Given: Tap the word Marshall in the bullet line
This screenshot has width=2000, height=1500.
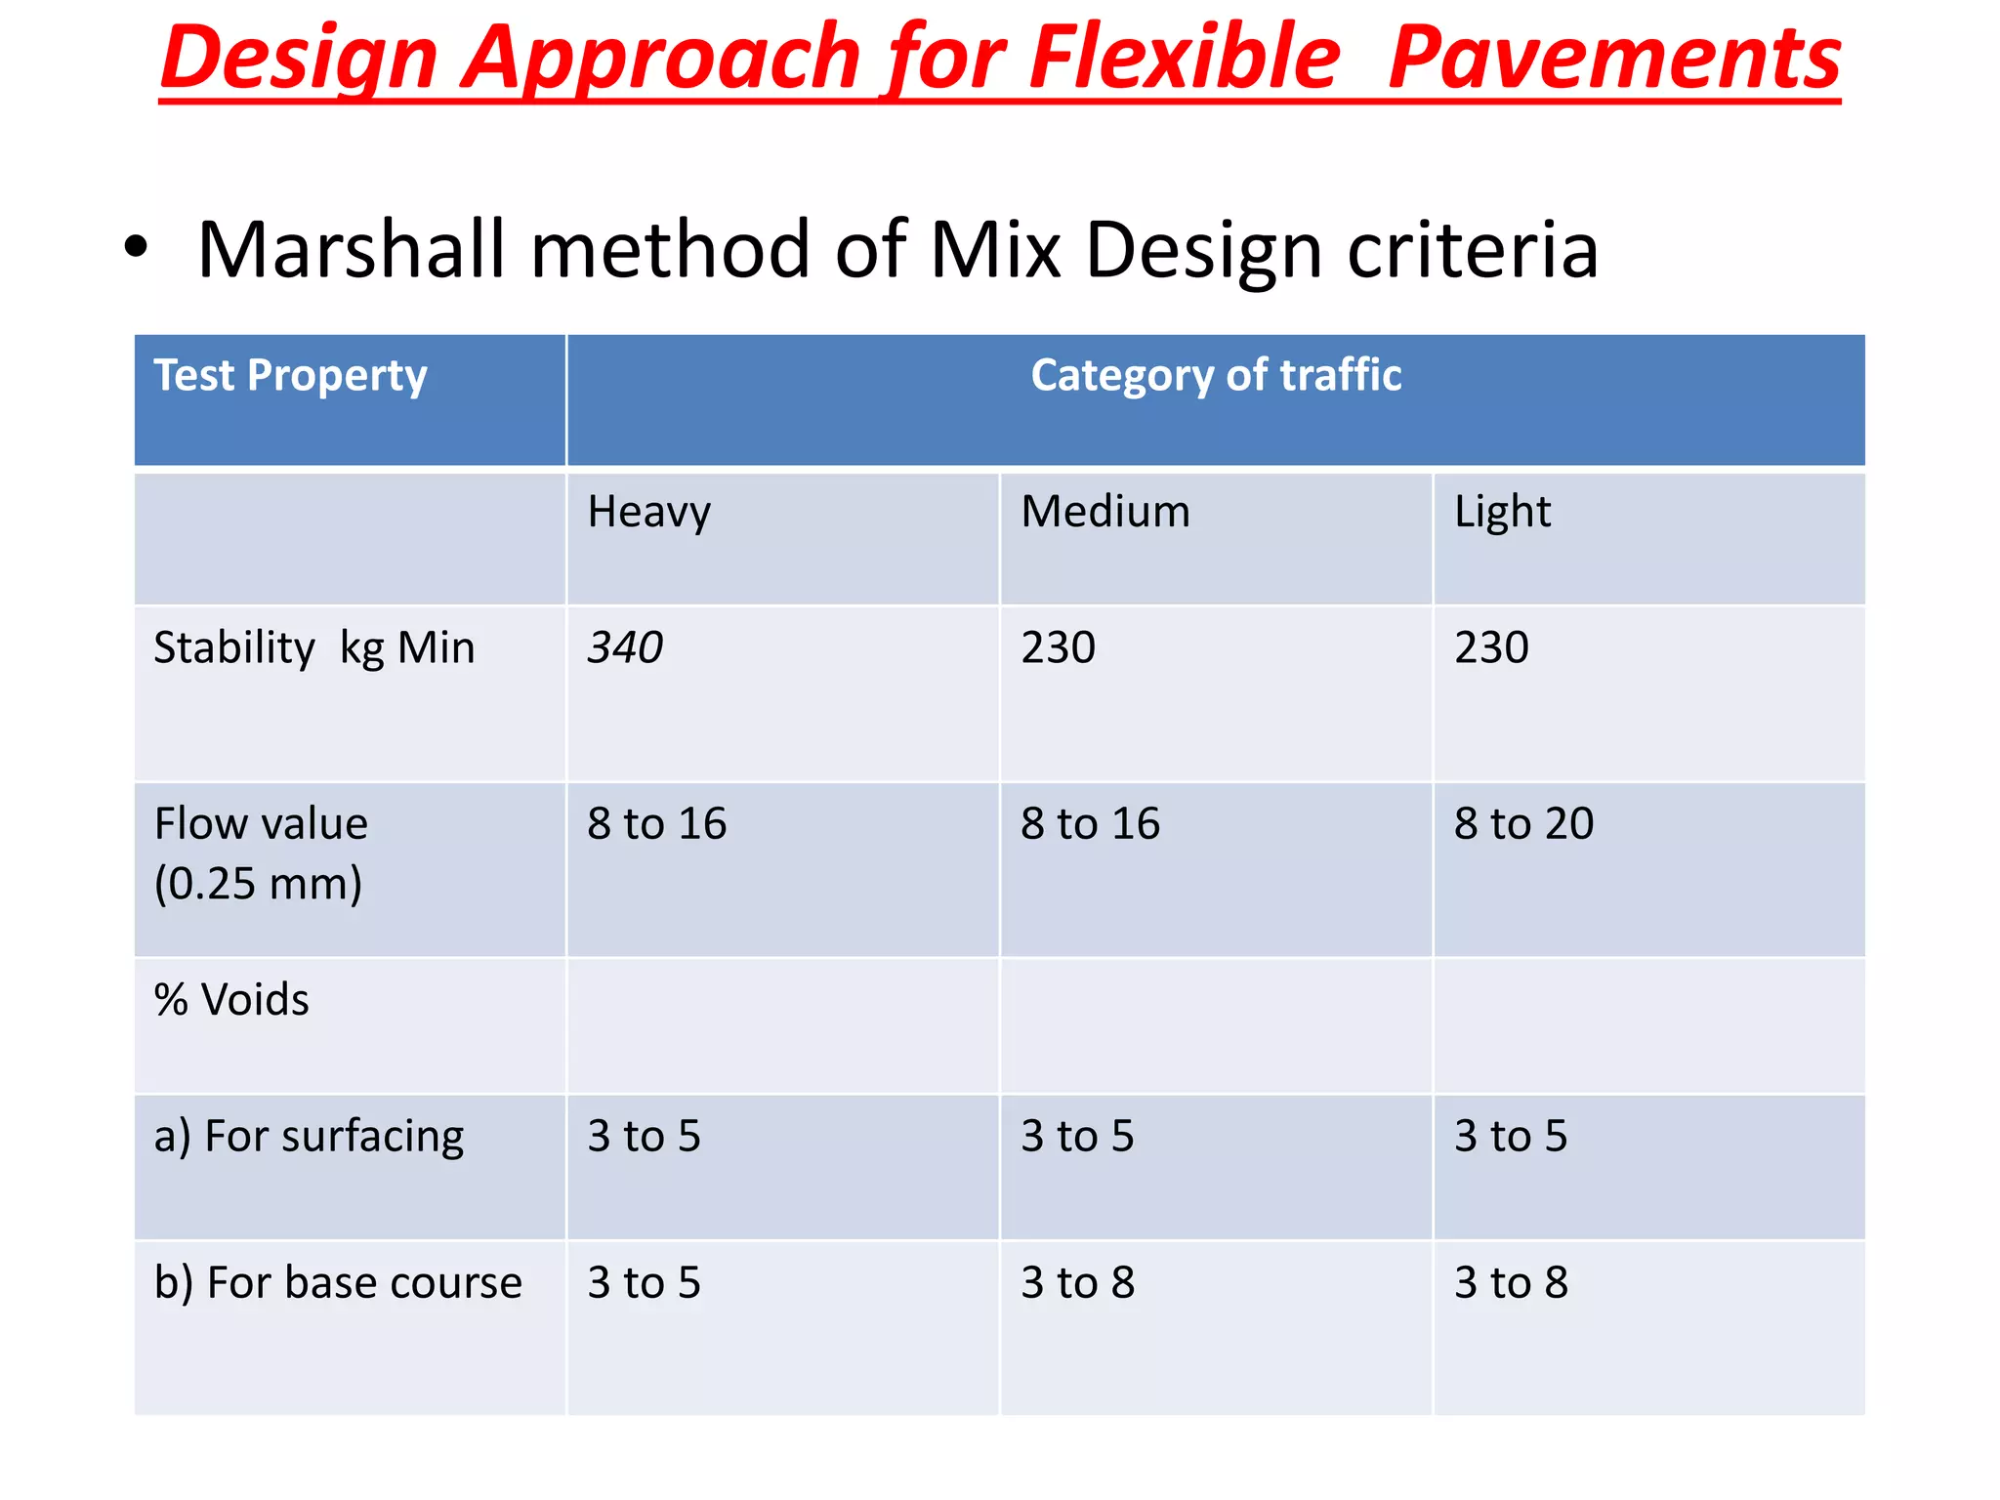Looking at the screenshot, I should [352, 250].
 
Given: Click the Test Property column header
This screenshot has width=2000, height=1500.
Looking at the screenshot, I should [290, 376].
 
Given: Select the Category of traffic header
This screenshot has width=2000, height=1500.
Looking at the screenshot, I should [1216, 376].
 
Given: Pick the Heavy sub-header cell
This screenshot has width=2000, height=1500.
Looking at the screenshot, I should [648, 513].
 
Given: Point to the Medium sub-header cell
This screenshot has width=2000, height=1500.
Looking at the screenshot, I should [1105, 512].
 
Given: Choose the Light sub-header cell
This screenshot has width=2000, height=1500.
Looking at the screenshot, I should [1502, 513].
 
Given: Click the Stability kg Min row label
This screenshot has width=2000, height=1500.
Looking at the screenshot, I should [314, 648].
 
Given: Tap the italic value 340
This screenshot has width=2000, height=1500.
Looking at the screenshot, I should [625, 647].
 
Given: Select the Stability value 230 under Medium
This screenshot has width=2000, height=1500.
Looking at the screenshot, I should [1059, 647].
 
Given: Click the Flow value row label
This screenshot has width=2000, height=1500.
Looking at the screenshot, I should [261, 853].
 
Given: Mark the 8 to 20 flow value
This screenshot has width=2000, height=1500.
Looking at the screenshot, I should [1523, 823].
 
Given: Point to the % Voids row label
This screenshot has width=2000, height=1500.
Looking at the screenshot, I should [231, 1000].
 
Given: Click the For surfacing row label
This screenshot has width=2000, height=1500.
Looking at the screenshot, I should [309, 1137].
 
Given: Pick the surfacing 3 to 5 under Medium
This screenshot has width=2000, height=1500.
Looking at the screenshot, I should [1077, 1137].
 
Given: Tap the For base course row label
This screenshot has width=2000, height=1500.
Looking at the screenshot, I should [338, 1283].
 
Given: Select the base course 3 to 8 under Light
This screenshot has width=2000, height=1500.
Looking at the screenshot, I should [1511, 1283].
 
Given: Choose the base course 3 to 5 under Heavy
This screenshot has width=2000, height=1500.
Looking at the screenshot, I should [644, 1283].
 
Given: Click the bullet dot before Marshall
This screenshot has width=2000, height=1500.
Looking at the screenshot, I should [136, 248].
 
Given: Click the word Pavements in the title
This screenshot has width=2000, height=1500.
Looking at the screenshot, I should [1613, 59].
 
